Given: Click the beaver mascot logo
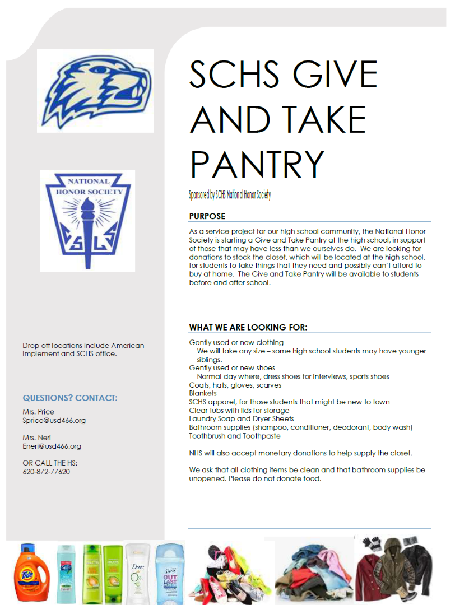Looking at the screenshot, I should tap(96, 91).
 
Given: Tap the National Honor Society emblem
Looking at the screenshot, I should tap(88, 220).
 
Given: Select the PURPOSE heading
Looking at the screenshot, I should tap(207, 216).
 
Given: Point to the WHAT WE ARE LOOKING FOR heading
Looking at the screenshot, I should tap(248, 327).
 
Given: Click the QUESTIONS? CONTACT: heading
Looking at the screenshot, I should tap(70, 398).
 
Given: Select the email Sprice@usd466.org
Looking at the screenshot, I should tap(54, 420).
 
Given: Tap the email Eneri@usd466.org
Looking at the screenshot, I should tap(52, 446).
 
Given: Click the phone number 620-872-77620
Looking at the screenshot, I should tap(47, 472).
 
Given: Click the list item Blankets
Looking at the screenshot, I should tap(203, 394).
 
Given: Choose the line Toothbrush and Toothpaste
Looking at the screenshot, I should tap(235, 436).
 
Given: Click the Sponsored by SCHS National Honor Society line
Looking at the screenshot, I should tap(230, 195).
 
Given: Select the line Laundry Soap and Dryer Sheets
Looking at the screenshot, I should tap(242, 419).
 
